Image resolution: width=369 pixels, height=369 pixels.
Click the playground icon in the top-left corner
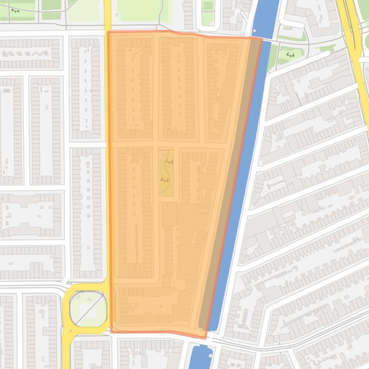pyautogui.click(x=15, y=11)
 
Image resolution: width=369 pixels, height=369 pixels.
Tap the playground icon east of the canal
pyautogui.click(x=290, y=55)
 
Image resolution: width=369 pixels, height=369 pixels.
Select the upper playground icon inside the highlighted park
pyautogui.click(x=169, y=161)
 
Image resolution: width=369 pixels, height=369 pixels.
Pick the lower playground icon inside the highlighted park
pyautogui.click(x=165, y=180)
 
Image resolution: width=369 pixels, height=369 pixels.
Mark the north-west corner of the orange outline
pyautogui.click(x=108, y=32)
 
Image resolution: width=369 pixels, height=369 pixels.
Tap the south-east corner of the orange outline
pyautogui.click(x=206, y=337)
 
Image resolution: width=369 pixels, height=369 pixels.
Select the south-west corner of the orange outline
pyautogui.click(x=111, y=331)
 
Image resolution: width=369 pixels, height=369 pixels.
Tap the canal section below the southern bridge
pyautogui.click(x=201, y=357)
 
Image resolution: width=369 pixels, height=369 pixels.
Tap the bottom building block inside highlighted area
pyautogui.click(x=149, y=304)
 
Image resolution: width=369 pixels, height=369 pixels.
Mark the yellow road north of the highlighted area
pyautogui.click(x=107, y=14)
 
